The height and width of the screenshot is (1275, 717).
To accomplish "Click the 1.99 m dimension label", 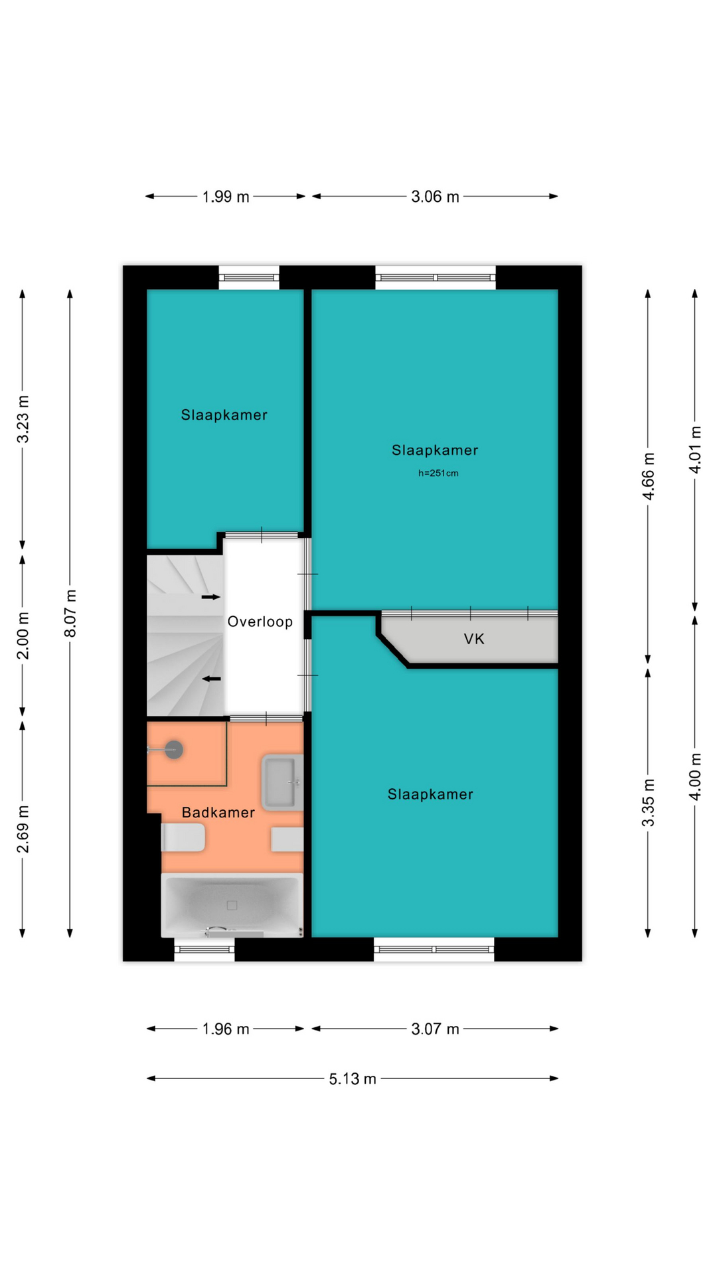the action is click(x=226, y=197).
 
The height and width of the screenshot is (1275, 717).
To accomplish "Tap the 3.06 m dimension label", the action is click(x=435, y=197).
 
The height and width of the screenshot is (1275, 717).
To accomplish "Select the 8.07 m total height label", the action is click(x=70, y=613).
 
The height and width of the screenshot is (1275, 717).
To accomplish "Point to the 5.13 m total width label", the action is click(x=353, y=1078).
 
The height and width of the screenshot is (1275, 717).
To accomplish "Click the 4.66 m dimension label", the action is click(x=649, y=476).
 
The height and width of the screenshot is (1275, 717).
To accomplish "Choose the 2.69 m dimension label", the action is click(x=23, y=829).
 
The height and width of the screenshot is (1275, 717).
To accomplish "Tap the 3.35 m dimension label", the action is click(x=649, y=802).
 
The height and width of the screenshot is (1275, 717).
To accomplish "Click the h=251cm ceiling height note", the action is click(x=438, y=473).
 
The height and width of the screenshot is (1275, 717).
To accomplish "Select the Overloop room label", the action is click(x=260, y=622).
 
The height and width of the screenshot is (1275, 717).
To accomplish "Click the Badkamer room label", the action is click(x=218, y=812).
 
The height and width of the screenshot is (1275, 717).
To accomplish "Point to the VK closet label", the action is click(x=474, y=639).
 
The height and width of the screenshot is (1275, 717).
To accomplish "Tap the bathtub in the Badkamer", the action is click(x=232, y=905).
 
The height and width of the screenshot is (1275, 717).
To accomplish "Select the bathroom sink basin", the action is click(x=283, y=782).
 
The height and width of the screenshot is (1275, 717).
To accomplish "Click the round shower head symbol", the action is click(x=174, y=750).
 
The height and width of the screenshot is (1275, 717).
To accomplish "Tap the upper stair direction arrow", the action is click(x=211, y=597).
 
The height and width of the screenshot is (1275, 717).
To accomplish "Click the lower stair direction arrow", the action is click(x=211, y=679).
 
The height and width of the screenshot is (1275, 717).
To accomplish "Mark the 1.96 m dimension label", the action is click(x=226, y=1029).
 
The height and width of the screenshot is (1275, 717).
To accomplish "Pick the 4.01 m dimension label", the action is click(x=695, y=449).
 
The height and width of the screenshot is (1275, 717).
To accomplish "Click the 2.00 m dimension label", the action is click(x=23, y=636).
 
